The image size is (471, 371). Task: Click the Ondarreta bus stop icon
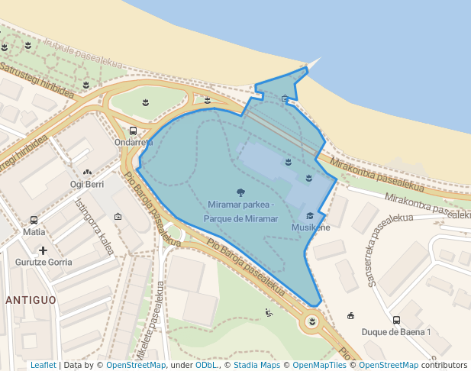point(134,131)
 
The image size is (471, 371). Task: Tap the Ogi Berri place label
point(86,185)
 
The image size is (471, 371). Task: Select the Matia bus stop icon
point(34,220)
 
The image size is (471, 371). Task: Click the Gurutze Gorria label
point(44,262)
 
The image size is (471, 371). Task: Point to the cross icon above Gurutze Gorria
point(43,250)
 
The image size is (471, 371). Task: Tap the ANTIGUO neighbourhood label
point(31,300)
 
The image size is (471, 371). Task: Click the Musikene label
point(311,227)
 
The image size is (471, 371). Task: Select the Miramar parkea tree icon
point(241,192)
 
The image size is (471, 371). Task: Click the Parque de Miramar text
point(240,219)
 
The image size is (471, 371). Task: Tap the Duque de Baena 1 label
point(396,332)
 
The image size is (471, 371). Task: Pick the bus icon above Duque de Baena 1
point(396,321)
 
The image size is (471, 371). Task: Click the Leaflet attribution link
point(44,365)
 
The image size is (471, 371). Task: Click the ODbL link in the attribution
point(206,365)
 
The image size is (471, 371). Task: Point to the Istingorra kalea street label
point(95,226)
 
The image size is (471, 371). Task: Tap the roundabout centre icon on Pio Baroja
point(311,322)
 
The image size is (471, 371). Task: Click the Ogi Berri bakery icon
point(87,173)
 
